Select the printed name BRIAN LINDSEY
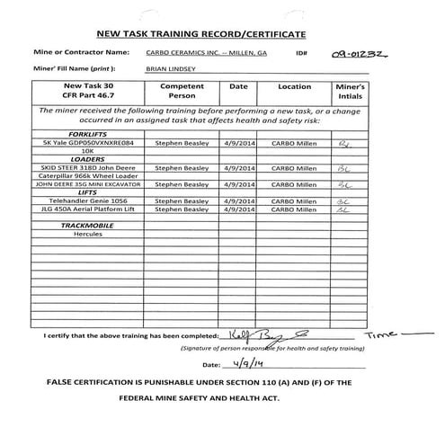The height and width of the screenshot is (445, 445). click(168, 67)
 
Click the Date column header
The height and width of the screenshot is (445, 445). click(238, 87)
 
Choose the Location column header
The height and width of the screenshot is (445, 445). click(294, 87)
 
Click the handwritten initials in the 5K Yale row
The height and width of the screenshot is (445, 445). click(345, 142)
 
